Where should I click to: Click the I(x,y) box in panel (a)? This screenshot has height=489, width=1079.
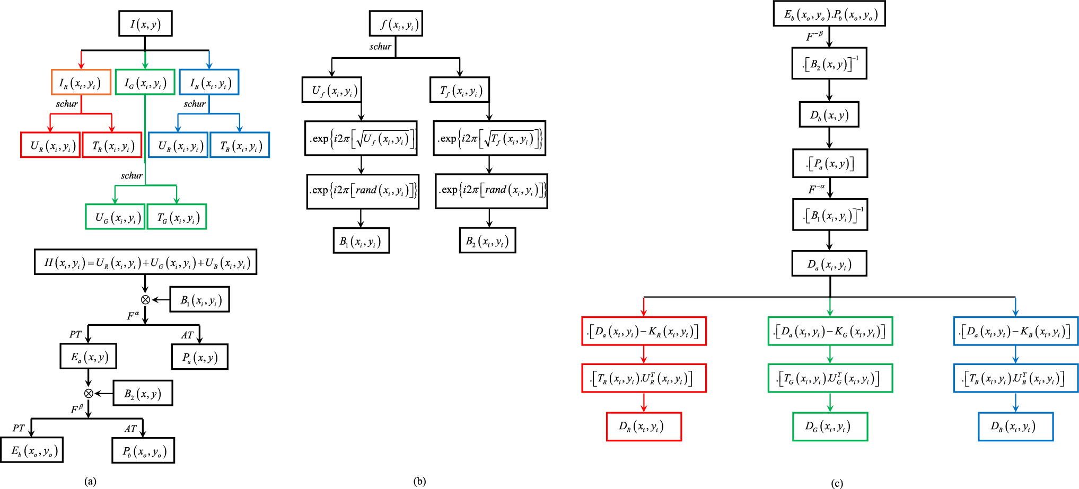[145, 24]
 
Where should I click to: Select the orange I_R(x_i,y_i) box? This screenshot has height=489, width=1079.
[81, 82]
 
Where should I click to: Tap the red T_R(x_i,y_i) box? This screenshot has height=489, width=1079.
[112, 145]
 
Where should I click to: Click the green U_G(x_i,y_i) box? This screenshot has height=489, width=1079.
[115, 217]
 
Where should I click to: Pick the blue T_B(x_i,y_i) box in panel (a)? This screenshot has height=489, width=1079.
[240, 145]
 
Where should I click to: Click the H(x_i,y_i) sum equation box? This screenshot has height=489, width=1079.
[145, 262]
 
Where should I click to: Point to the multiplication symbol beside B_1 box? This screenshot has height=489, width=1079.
[145, 300]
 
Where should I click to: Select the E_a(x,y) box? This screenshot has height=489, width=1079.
[88, 356]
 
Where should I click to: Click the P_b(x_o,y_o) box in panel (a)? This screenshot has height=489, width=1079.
[143, 450]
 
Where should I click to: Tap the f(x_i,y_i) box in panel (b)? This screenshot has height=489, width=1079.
[396, 24]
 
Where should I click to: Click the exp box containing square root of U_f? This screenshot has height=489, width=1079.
[361, 138]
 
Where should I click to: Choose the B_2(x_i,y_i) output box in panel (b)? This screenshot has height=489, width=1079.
[487, 241]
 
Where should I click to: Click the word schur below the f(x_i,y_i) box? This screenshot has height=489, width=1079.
[380, 47]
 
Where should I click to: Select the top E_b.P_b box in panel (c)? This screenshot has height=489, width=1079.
[829, 14]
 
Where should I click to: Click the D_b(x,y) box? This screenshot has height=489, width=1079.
[829, 114]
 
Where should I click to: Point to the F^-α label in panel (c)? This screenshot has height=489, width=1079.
[816, 189]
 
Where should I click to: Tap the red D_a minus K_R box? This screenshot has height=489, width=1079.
[644, 331]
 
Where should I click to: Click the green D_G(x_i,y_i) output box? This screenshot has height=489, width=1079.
[830, 426]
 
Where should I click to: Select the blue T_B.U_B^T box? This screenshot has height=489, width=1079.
[1015, 378]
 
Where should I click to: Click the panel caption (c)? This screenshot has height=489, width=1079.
[837, 483]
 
